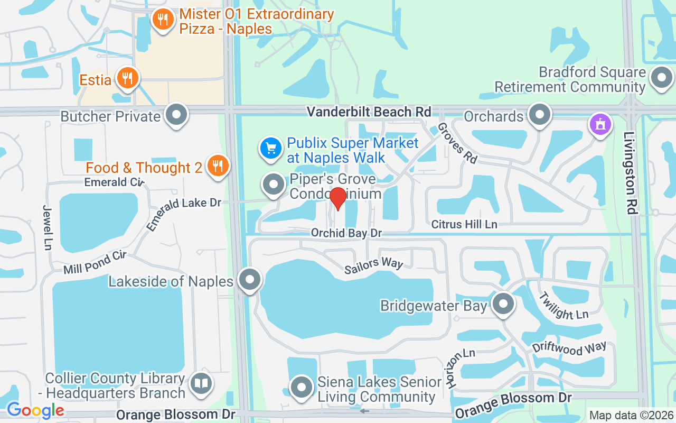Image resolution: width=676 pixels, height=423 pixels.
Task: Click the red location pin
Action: tap(338, 198)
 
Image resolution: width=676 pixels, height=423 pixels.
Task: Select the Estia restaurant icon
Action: tap(127, 78)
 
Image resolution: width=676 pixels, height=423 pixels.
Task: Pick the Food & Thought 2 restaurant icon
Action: tap(217, 165)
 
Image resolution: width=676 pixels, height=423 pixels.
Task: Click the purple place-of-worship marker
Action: tap(600, 125)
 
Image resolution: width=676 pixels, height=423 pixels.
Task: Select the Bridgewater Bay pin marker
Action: tap(503, 304)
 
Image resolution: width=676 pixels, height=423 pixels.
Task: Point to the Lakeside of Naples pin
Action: tap(250, 279)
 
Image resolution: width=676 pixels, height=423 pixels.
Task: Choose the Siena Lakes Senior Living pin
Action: tap(302, 387)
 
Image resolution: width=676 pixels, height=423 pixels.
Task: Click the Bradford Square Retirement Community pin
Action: tap(661, 77)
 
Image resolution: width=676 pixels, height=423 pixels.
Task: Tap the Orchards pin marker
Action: tap(539, 114)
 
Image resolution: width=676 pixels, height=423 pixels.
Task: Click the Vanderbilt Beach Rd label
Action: tap(369, 112)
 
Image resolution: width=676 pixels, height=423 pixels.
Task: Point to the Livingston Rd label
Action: tap(630, 172)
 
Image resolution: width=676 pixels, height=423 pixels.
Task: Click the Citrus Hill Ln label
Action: tap(464, 224)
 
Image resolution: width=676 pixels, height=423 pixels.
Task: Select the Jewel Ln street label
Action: tap(48, 227)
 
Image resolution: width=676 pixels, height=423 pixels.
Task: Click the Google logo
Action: tap(35, 410)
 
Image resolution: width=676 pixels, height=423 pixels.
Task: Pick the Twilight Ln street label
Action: tap(564, 306)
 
